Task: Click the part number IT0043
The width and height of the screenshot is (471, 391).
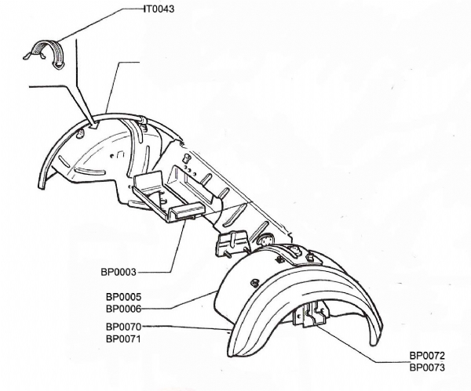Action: [159, 9]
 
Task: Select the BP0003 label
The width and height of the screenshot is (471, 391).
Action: [119, 272]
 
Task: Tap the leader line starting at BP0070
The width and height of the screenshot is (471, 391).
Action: [188, 327]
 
